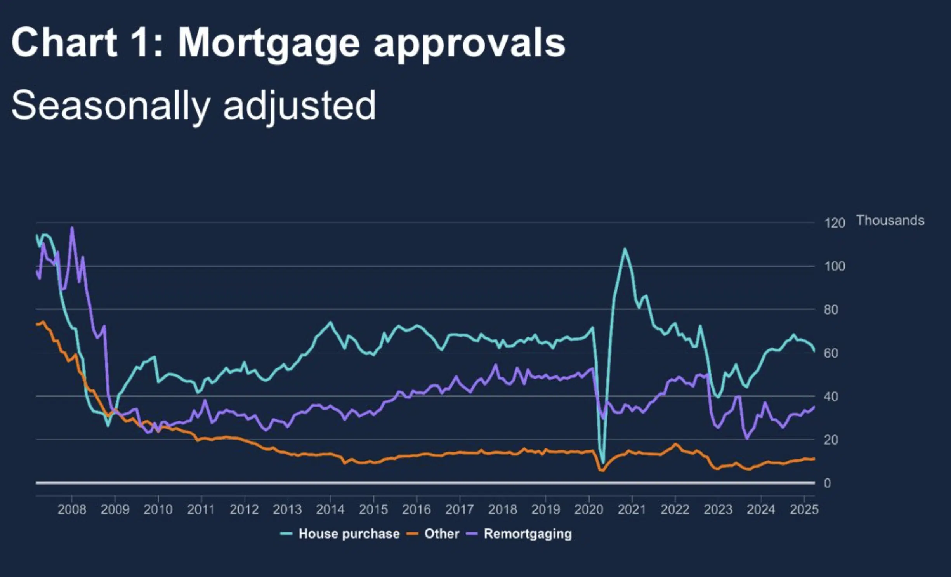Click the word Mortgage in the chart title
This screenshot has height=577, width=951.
[269, 43]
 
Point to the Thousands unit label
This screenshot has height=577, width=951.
[890, 220]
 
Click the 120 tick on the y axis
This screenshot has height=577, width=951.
[835, 223]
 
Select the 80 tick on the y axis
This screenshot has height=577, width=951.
[831, 310]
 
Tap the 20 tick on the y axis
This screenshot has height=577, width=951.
[831, 440]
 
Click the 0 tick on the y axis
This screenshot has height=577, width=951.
[827, 483]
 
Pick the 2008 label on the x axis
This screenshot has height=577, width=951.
[72, 509]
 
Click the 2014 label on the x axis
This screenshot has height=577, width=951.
[330, 509]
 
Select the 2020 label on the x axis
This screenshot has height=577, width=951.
[588, 509]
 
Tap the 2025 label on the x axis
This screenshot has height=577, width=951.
[804, 509]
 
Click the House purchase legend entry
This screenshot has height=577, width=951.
[349, 534]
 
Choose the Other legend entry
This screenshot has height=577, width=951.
[441, 534]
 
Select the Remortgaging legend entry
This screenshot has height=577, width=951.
[528, 534]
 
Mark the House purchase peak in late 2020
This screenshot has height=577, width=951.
[625, 249]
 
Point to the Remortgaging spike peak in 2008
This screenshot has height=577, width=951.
[72, 228]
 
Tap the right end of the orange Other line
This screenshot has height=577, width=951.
[814, 459]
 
